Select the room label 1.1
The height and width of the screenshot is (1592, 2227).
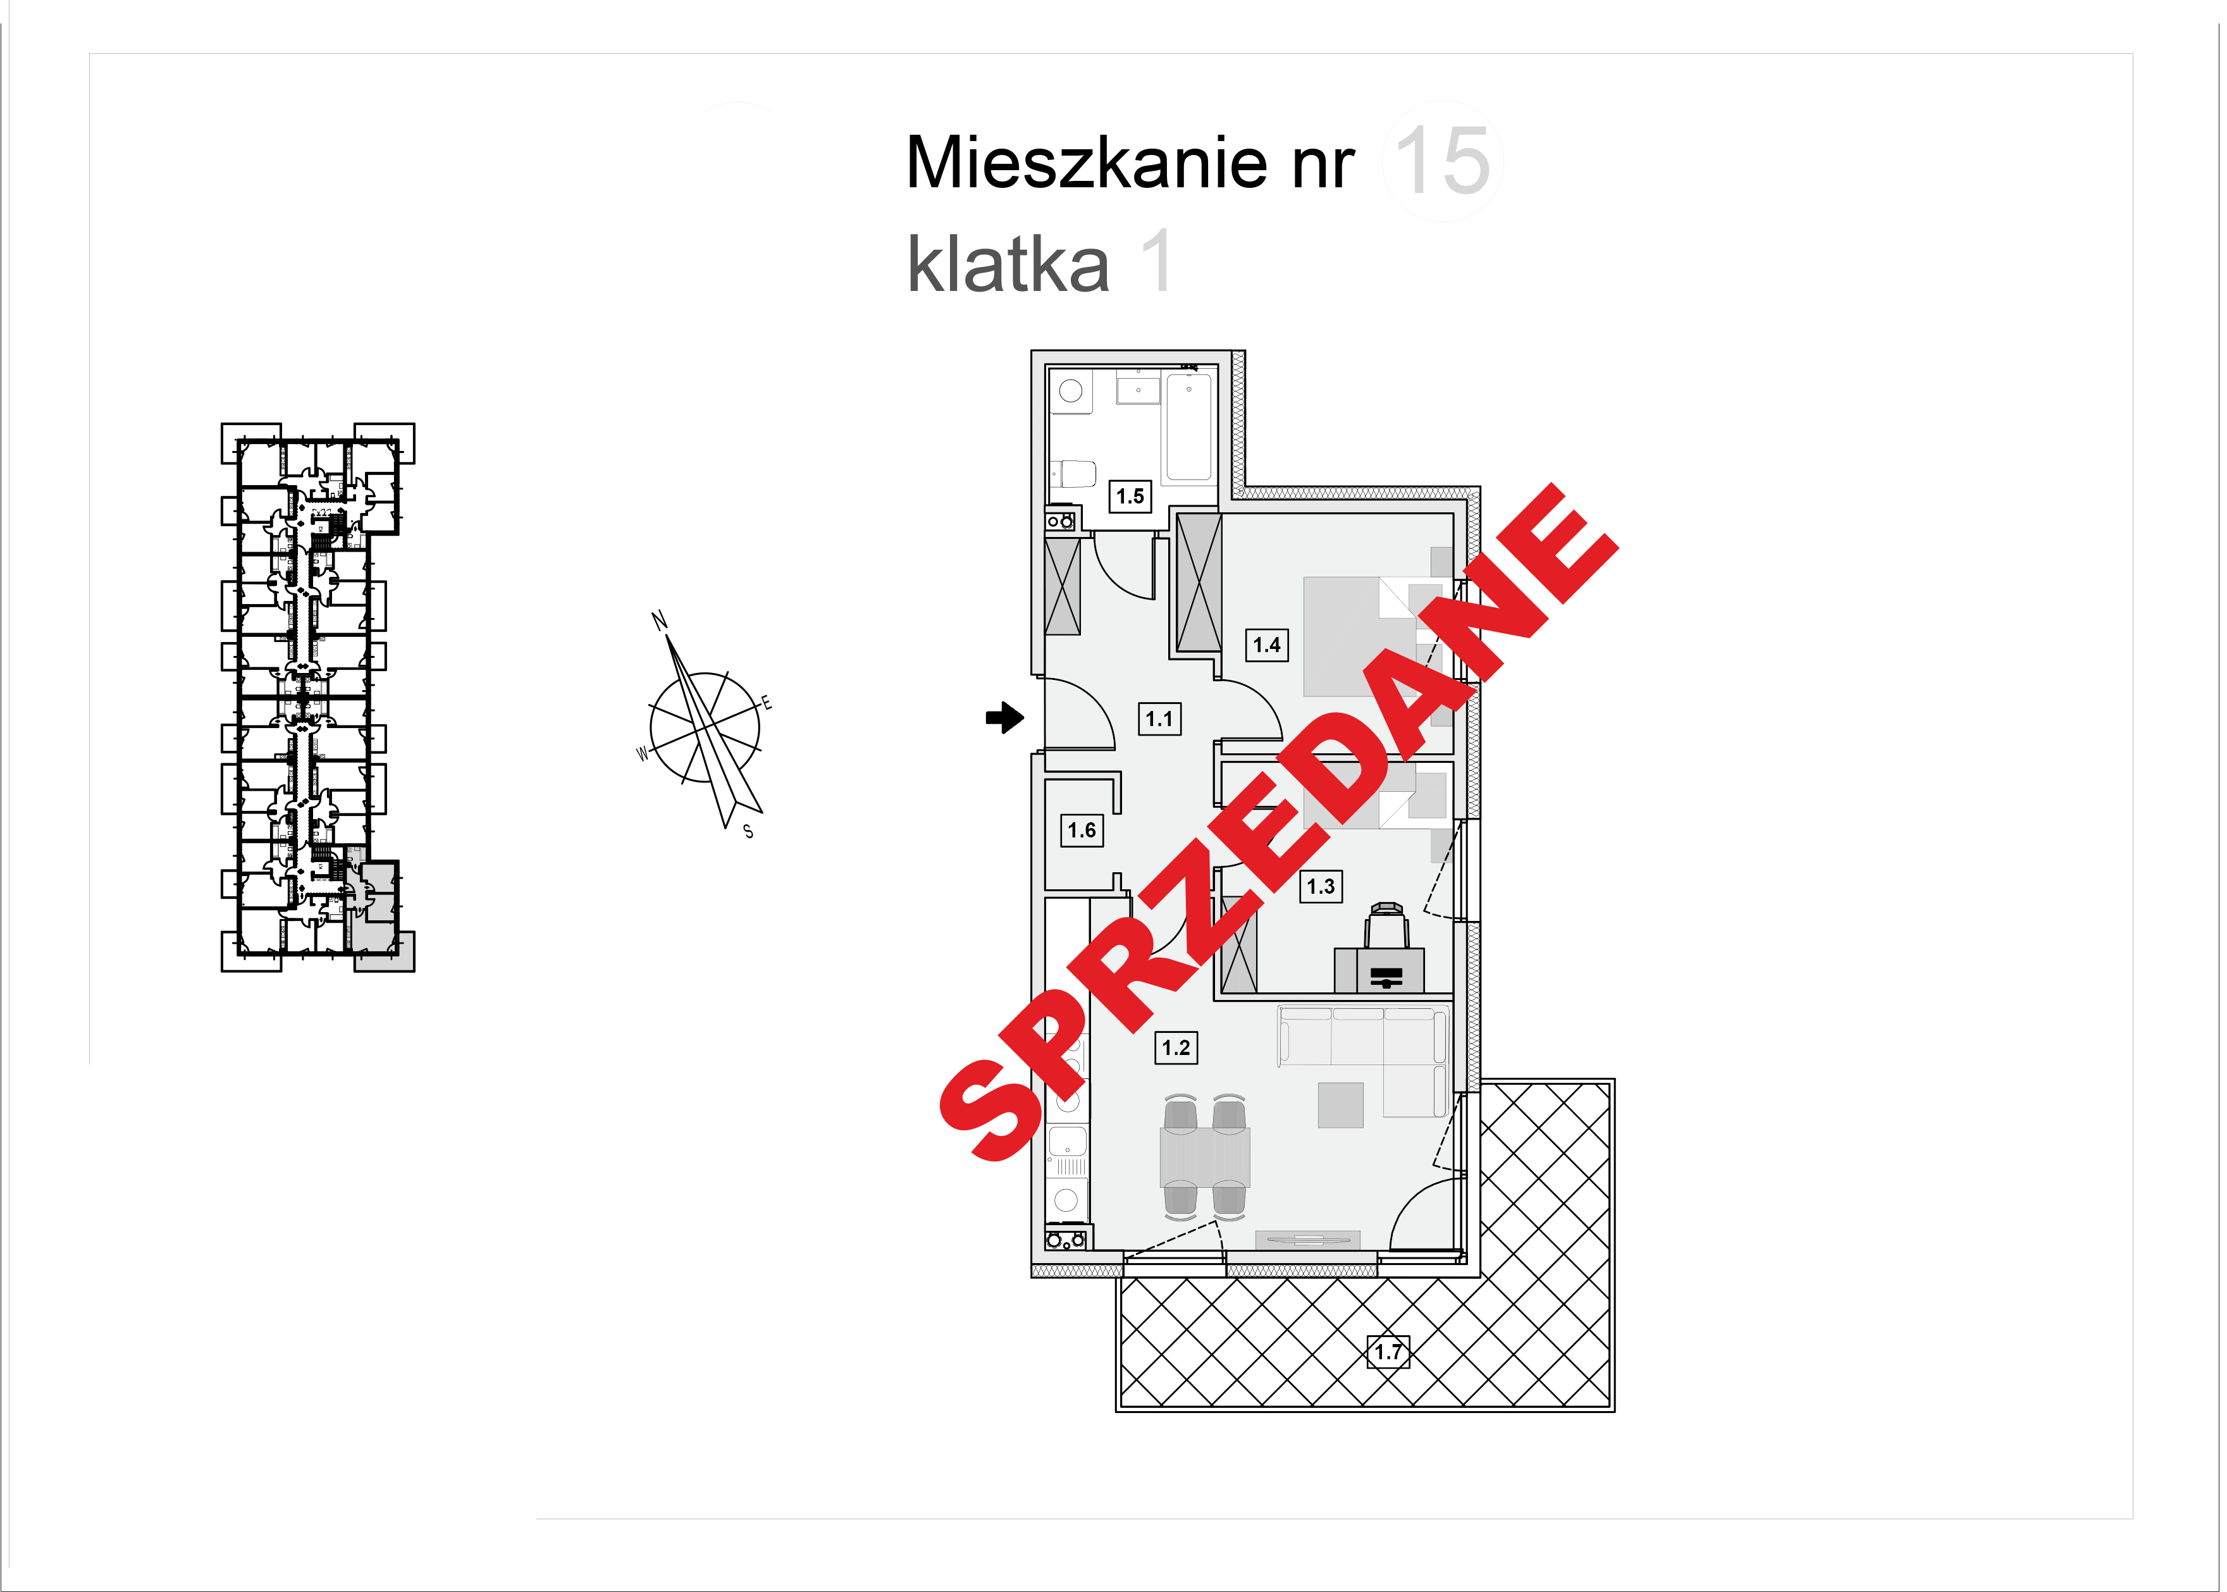pyautogui.click(x=1159, y=719)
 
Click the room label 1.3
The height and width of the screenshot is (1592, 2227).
pyautogui.click(x=1320, y=886)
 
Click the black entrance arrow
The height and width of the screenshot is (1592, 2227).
pyautogui.click(x=1004, y=718)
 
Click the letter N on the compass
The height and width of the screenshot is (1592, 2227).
pyautogui.click(x=658, y=620)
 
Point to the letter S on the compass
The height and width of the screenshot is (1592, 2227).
pyautogui.click(x=749, y=831)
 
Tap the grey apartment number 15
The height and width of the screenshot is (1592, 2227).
pyautogui.click(x=1442, y=162)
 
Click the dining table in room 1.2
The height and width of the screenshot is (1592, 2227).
pyautogui.click(x=1205, y=1157)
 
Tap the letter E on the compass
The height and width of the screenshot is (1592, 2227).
pyautogui.click(x=767, y=703)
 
